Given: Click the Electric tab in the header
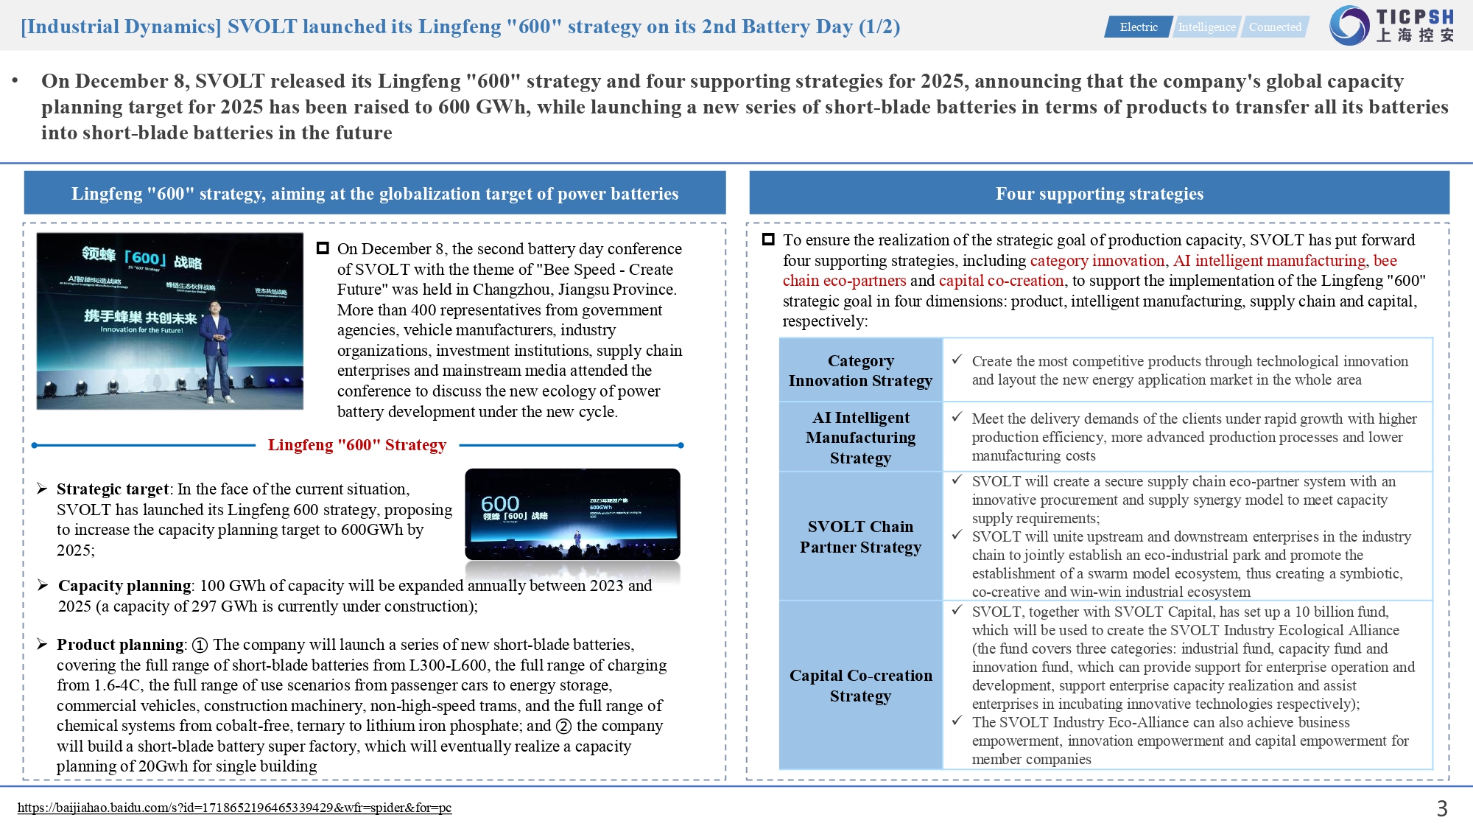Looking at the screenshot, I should coord(1138,27).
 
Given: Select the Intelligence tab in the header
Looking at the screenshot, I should coord(1206,27).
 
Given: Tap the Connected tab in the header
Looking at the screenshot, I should coord(1275,27).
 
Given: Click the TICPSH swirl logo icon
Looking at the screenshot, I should coord(1349,25).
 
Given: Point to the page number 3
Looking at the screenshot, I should coord(1442,809).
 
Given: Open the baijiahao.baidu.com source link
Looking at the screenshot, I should coord(234,808).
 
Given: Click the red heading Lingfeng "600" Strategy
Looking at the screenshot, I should coord(357,445).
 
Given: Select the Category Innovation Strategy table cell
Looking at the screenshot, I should coord(860,371).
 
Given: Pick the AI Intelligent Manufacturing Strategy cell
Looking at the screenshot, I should coord(860,438).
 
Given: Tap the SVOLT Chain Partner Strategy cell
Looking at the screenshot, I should coord(860,536).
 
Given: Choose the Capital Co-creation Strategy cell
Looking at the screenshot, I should coord(860,685).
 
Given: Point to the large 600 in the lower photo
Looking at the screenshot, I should coord(500,503).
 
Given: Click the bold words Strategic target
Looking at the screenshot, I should coord(113,489).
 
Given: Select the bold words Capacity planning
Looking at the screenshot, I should coord(124,586).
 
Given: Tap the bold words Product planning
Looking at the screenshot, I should coord(120,645).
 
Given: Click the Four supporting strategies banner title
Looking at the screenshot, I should coord(1099,194).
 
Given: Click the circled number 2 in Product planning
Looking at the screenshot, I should coord(563,727).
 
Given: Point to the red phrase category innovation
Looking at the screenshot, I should coord(1097,261).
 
